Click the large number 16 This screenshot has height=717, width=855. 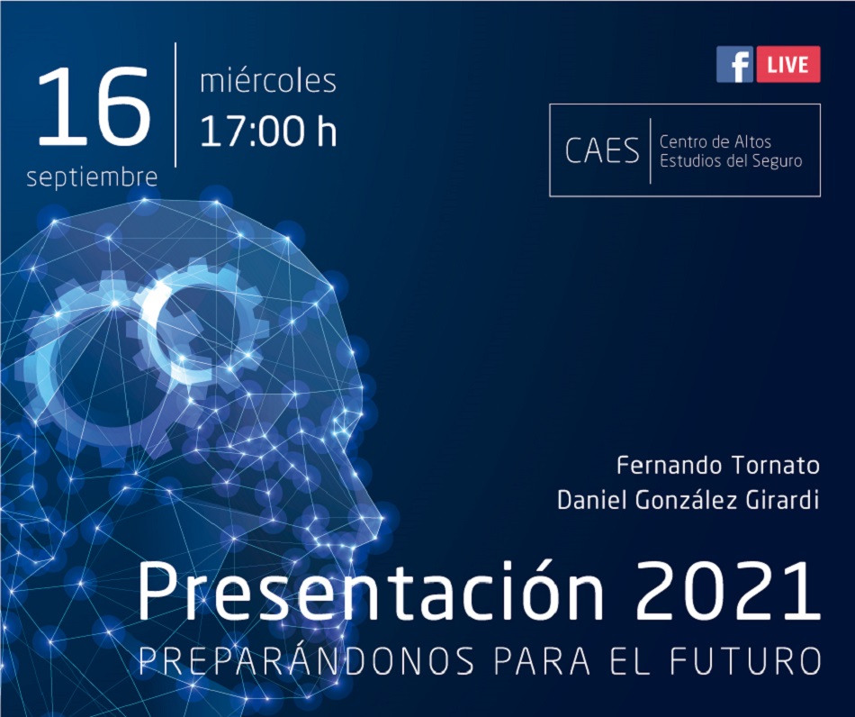point(94,105)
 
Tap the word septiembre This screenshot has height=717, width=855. point(92,177)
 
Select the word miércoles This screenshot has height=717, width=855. point(267,81)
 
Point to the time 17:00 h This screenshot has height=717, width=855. point(268,131)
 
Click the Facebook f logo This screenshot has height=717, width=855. point(734,64)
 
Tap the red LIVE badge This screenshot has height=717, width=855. point(787,64)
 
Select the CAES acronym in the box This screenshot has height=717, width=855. point(602,150)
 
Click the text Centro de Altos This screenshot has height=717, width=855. point(715,142)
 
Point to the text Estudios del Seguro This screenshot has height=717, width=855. point(731,161)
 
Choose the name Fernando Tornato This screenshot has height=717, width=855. point(718,466)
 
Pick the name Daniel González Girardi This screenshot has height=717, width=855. point(688,500)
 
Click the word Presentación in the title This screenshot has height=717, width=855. point(372,592)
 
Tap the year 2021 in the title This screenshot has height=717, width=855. point(728,593)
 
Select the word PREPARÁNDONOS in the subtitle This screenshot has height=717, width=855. point(306,660)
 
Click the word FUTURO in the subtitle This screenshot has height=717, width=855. point(745,661)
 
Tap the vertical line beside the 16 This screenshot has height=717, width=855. point(175,104)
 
